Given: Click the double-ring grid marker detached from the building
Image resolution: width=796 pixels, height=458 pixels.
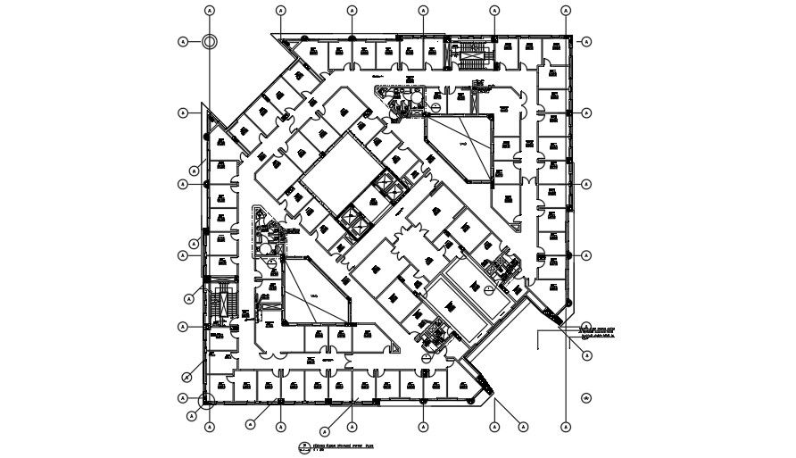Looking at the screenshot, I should click(209, 41).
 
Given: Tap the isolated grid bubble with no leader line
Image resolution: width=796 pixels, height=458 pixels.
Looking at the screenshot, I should click(587, 398).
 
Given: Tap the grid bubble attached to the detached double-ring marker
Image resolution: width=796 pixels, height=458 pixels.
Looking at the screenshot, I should click(183, 41).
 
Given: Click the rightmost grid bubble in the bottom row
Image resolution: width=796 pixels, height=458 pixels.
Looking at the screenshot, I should click(567, 426).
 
